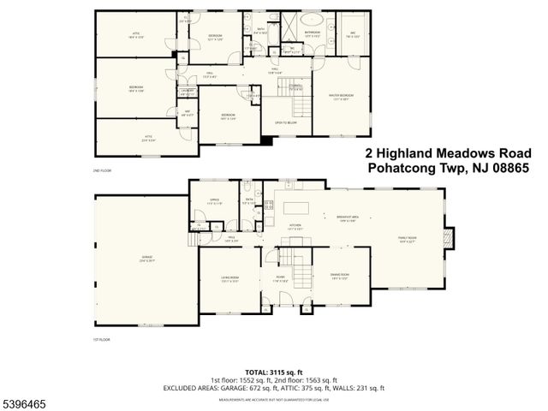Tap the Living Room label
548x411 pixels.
229,278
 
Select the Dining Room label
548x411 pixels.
339,277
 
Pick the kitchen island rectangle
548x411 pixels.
297,208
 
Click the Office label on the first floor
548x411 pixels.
214,203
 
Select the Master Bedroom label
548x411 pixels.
341,96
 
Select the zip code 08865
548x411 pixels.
504,169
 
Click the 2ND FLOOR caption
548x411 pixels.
102,171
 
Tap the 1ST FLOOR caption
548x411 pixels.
102,339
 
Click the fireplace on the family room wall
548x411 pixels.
451,237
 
